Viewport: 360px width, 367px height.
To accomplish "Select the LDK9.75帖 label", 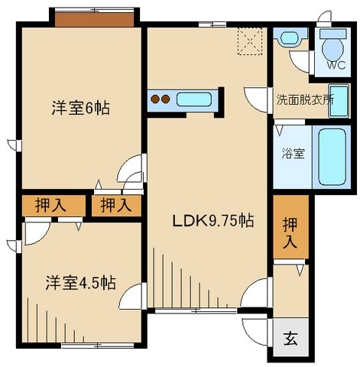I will click(212, 221).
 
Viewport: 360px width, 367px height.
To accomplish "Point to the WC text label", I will click(336, 65).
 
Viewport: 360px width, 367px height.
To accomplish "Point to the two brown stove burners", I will click(161, 99).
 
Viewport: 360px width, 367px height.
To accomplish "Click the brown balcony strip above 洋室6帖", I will click(96, 17).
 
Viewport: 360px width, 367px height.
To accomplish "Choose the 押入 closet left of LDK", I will click(116, 205).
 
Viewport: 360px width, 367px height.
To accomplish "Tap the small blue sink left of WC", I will click(289, 37).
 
